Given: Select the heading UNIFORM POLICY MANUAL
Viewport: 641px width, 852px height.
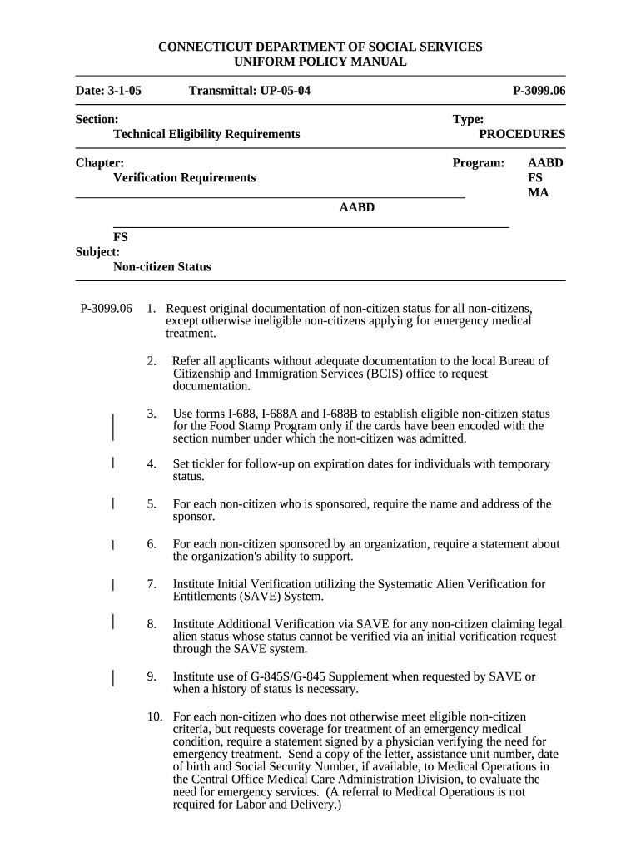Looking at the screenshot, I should click(x=320, y=62).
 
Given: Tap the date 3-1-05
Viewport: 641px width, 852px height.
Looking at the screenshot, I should click(x=123, y=90).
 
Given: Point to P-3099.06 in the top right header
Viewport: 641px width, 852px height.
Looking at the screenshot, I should click(x=539, y=90).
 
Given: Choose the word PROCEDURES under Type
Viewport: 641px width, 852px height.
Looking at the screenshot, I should click(x=522, y=134).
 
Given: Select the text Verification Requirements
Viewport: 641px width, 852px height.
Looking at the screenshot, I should click(x=184, y=178).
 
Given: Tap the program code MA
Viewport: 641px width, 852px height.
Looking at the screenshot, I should click(x=539, y=193).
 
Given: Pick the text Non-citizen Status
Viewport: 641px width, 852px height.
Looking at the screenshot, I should click(x=161, y=267).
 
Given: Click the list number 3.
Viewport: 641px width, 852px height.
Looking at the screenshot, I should click(x=152, y=414).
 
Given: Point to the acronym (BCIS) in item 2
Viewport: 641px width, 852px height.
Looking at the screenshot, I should click(x=391, y=374).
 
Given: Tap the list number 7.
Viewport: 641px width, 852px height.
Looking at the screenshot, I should click(x=152, y=584).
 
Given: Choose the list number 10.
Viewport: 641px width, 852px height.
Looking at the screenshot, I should click(x=154, y=717).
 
